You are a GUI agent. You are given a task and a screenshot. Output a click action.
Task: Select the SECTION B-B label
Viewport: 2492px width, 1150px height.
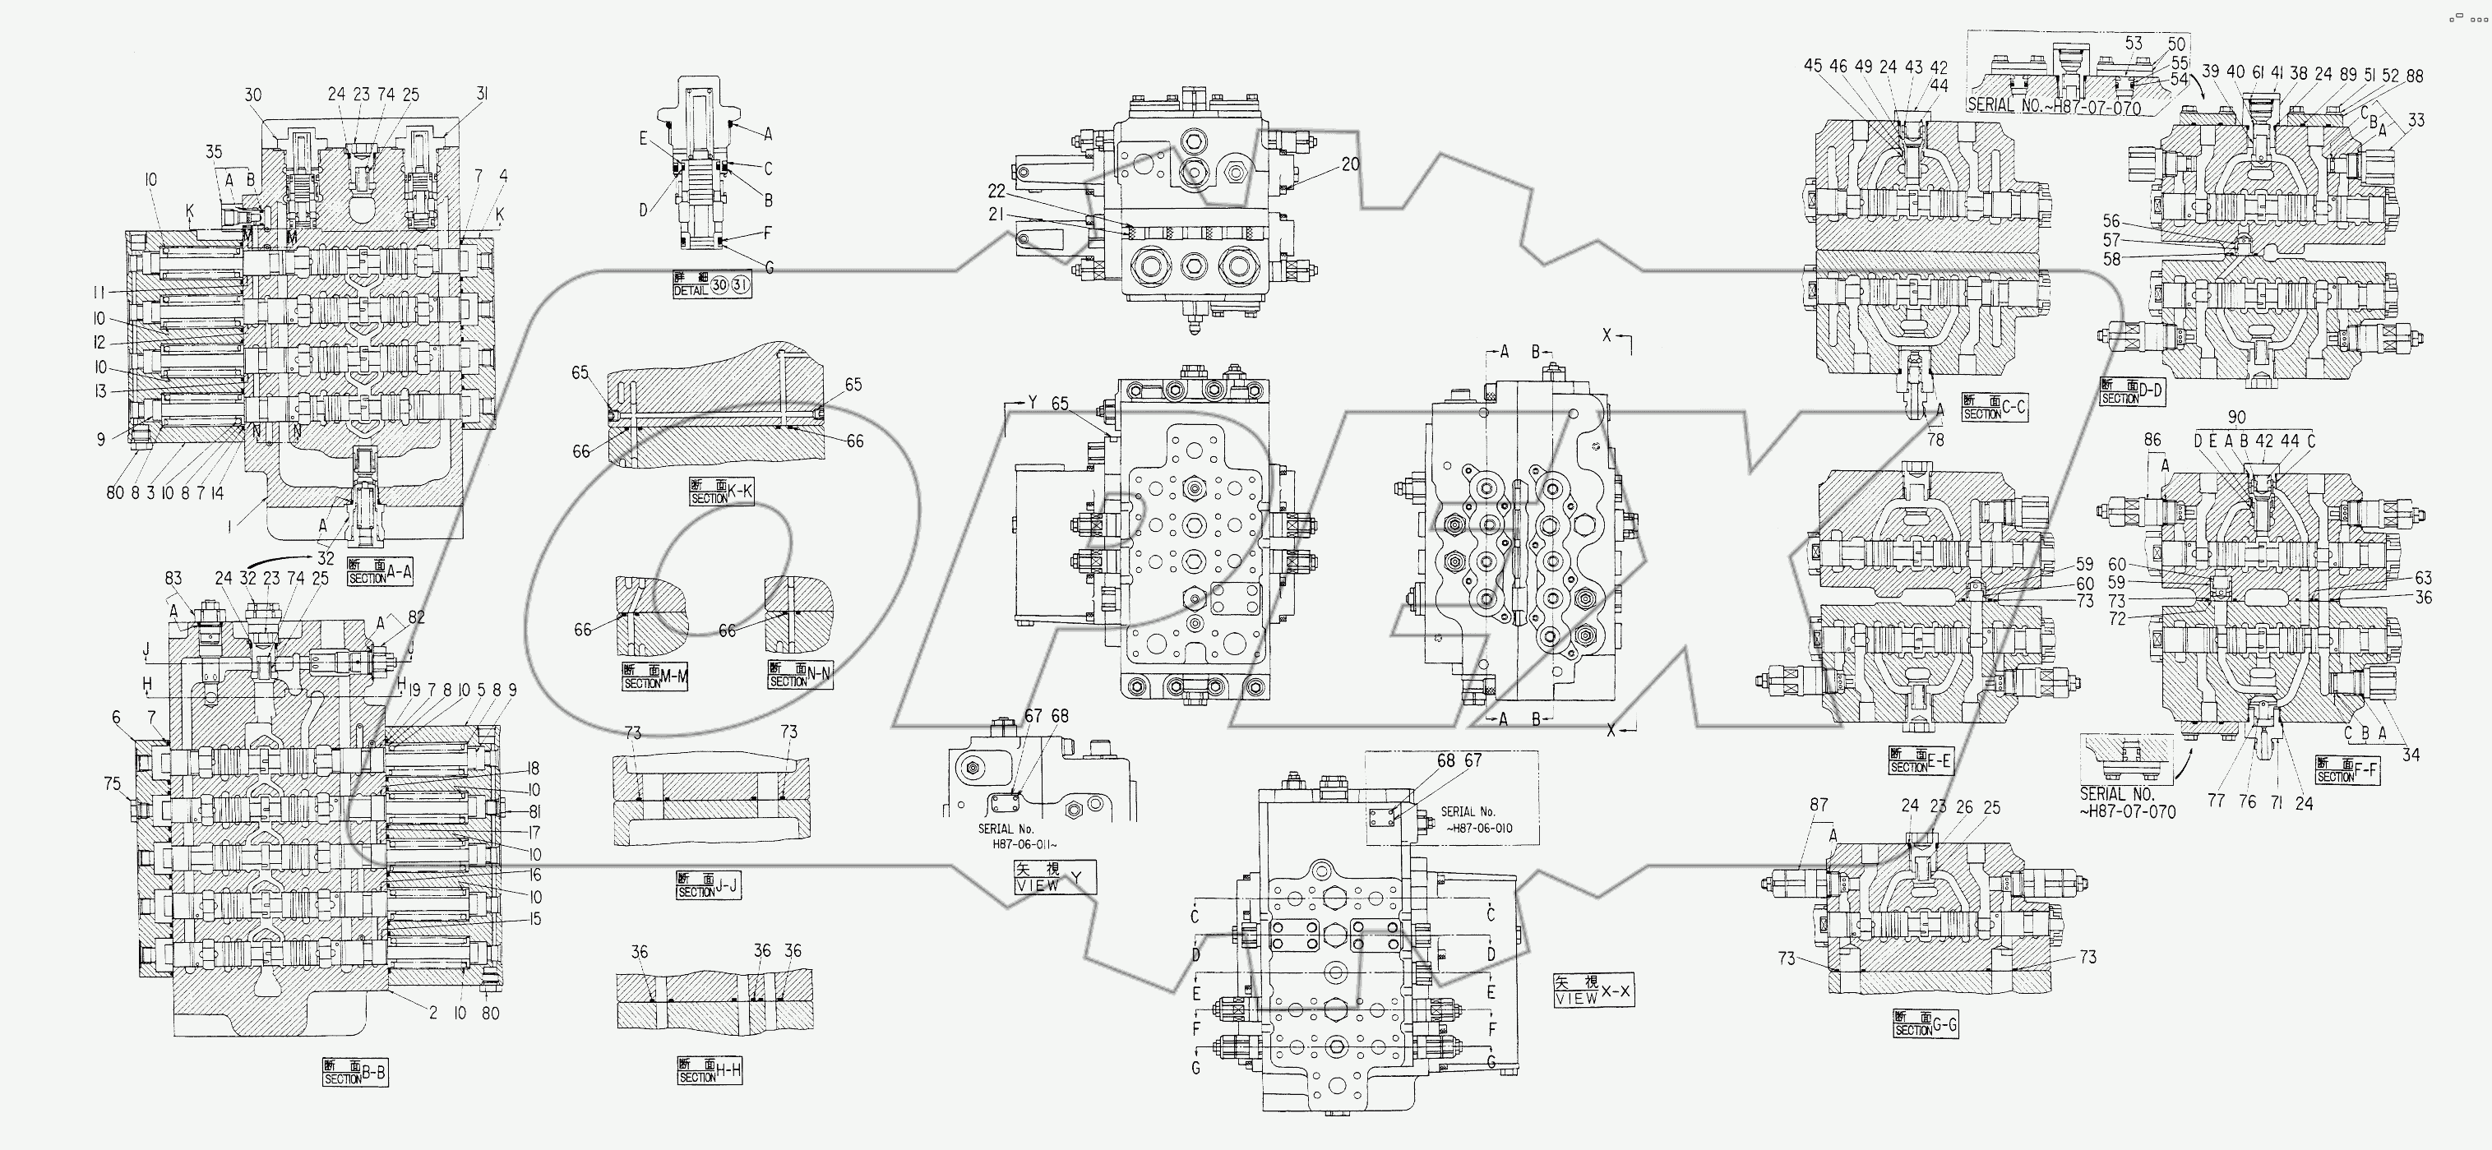(355, 1073)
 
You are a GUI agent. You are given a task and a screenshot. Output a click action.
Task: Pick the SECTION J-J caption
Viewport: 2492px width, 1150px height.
(708, 886)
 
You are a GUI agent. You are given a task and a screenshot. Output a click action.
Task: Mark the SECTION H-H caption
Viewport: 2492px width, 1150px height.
(710, 1072)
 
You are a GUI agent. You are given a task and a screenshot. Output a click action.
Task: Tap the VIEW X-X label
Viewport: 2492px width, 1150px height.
(1593, 990)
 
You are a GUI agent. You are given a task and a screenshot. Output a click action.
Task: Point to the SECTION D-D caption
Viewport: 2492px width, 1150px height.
(2132, 392)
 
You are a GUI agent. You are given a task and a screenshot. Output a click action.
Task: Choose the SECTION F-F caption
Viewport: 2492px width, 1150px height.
(2347, 770)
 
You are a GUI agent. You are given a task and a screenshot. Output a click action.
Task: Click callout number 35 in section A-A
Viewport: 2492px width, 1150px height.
(214, 151)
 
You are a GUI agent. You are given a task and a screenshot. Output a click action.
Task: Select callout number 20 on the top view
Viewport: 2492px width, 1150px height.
(1349, 164)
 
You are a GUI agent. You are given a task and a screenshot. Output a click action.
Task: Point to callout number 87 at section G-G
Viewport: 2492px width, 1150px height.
(1819, 804)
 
